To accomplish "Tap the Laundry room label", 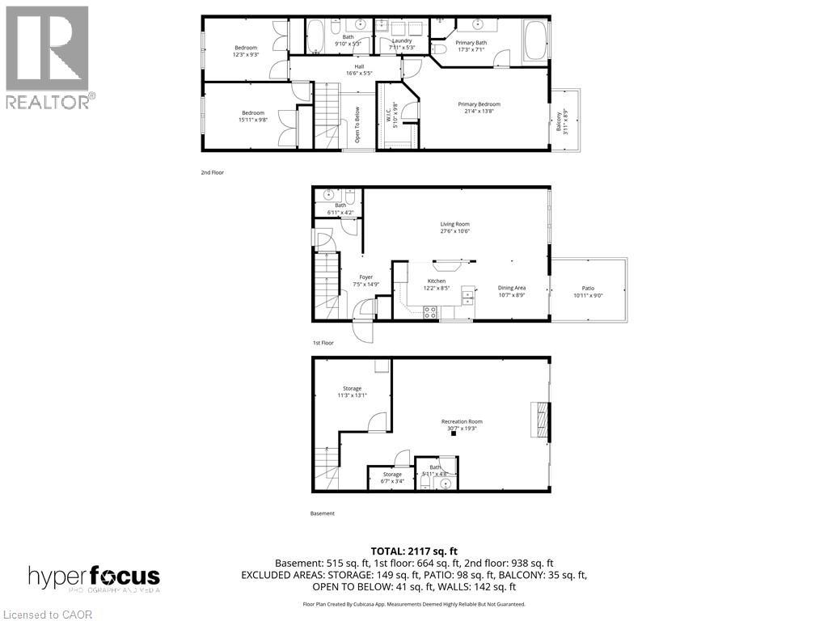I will [x=402, y=44].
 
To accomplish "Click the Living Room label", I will [x=454, y=227].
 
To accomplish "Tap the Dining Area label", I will [x=511, y=291].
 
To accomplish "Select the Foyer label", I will [x=365, y=281].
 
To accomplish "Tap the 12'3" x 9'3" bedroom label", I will [x=246, y=51].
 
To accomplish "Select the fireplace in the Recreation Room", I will [x=539, y=419].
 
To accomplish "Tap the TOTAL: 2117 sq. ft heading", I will [x=413, y=551].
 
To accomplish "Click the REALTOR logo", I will [x=49, y=57].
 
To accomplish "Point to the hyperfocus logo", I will [x=94, y=578].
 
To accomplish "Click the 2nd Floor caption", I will [x=213, y=172].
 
